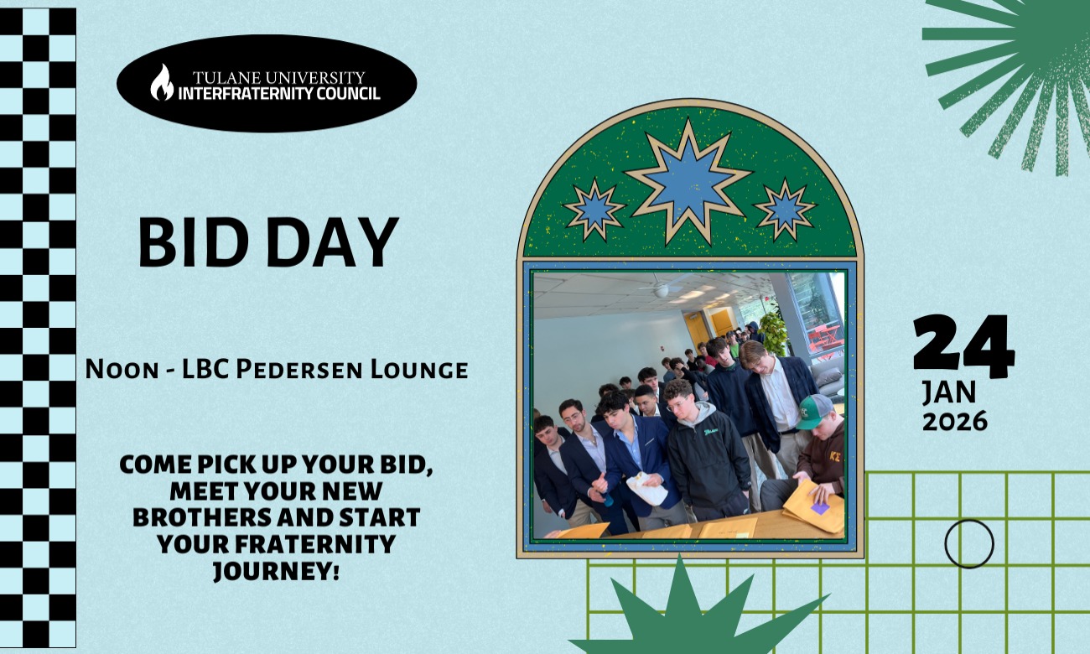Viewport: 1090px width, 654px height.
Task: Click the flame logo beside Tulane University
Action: (x=162, y=82)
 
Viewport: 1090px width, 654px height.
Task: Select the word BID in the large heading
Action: (x=194, y=241)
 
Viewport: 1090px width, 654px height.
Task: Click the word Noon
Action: (x=122, y=370)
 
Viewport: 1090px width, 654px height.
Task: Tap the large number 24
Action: (x=963, y=346)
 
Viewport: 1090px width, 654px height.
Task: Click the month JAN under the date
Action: (x=949, y=392)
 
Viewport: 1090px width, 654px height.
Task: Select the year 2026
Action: (x=955, y=421)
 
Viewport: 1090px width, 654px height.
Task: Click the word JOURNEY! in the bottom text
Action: (x=276, y=571)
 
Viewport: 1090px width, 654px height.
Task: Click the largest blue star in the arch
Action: (x=688, y=180)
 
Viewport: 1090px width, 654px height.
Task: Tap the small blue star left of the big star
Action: (x=594, y=210)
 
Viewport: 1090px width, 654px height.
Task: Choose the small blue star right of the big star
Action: (x=785, y=210)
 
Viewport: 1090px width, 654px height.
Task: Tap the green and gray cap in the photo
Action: (x=813, y=411)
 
